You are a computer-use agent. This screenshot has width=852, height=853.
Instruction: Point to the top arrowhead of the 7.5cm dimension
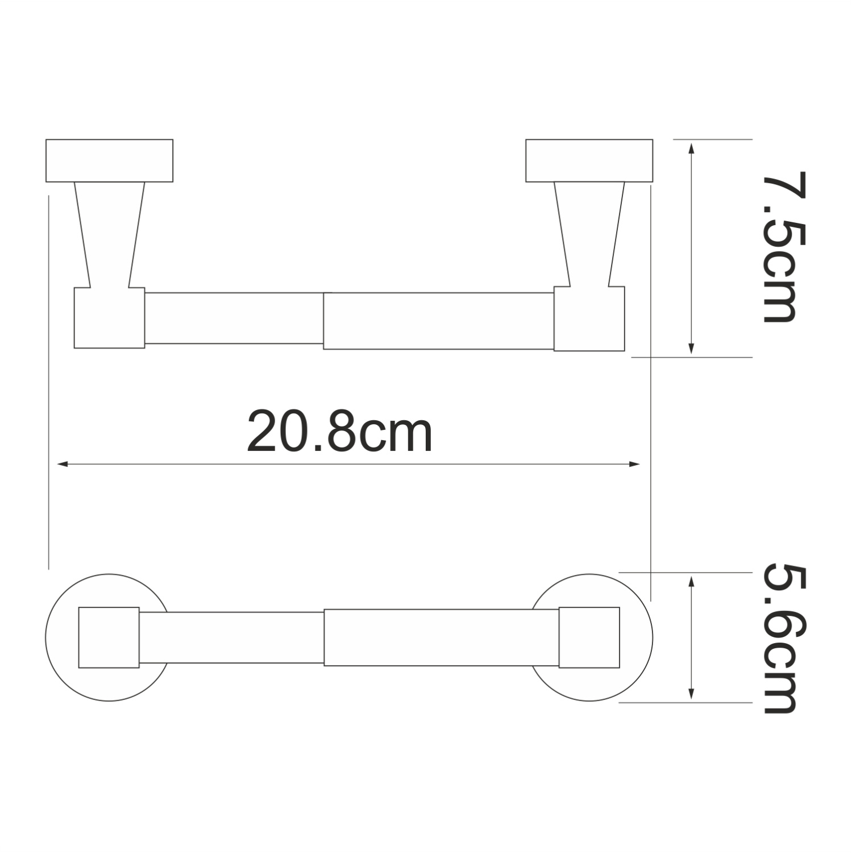(691, 148)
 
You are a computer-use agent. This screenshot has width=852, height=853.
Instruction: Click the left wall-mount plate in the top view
(109, 160)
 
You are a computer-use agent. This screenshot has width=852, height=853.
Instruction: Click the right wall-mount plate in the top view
(589, 160)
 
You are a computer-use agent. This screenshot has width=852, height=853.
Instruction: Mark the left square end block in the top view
(109, 317)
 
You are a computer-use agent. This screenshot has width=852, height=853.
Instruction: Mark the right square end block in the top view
(589, 318)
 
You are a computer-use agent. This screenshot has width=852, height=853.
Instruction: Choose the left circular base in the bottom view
(63, 637)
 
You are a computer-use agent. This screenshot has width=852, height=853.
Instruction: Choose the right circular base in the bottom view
(636, 637)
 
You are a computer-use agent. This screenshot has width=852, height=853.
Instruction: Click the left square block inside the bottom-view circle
(109, 637)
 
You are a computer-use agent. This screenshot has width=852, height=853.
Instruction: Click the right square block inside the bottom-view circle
(589, 637)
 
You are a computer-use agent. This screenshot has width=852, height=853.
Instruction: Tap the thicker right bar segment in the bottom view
(440, 637)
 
